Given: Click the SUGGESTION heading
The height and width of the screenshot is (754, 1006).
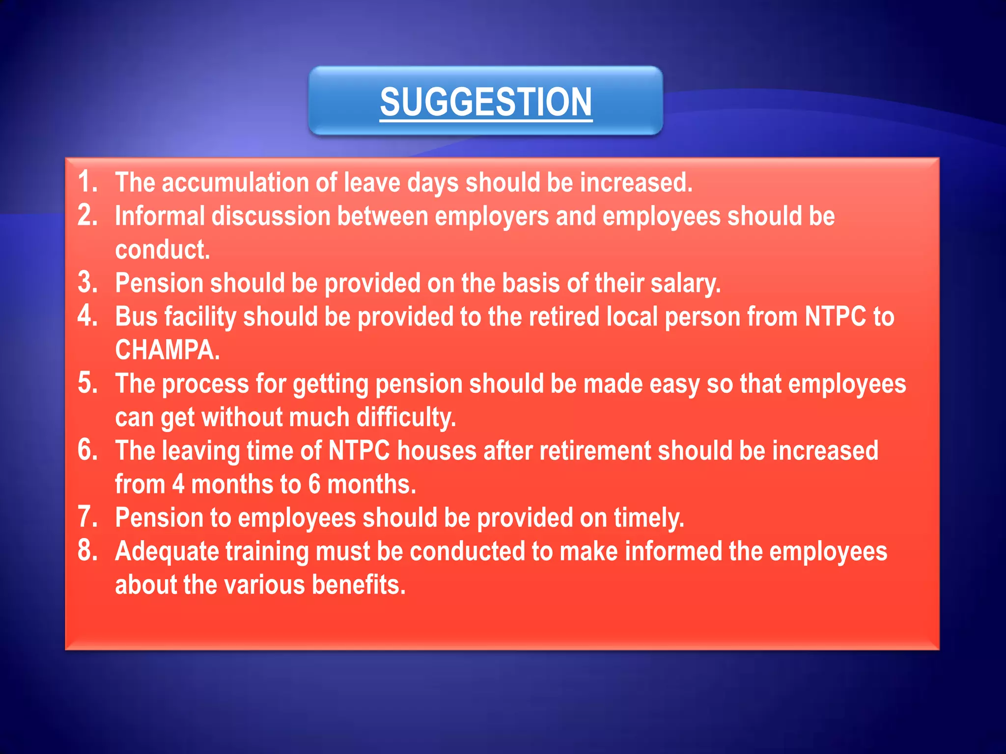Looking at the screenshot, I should [486, 102].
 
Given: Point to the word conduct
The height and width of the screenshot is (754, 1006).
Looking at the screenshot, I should [162, 249].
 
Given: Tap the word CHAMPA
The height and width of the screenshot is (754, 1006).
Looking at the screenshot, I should [167, 350].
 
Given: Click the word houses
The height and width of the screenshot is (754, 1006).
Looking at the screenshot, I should [437, 451].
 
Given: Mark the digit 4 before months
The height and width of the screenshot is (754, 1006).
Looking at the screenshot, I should [178, 485].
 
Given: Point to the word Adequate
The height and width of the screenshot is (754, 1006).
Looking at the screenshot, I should [167, 551].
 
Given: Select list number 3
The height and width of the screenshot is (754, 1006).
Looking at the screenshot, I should [87, 283].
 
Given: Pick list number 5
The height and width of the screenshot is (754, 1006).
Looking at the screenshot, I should [87, 383].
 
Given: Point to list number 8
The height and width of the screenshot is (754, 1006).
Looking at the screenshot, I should [87, 551].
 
